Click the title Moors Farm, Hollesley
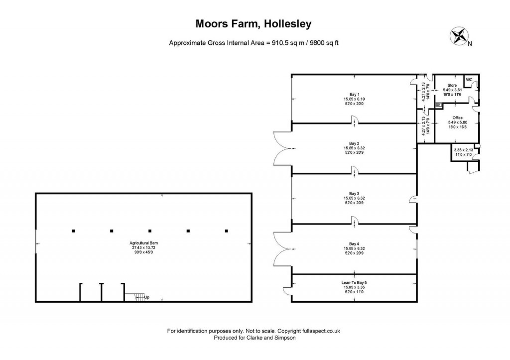point(255,24)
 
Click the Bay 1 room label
point(354,94)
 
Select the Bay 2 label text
point(354,143)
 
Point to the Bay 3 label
point(354,193)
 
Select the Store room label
point(452,85)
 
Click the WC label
point(469,79)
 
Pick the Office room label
point(457,118)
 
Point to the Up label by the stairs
point(147,297)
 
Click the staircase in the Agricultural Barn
point(131,297)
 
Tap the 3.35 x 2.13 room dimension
point(463,150)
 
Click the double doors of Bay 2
point(282,147)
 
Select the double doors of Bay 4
point(282,248)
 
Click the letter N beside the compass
point(470,44)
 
